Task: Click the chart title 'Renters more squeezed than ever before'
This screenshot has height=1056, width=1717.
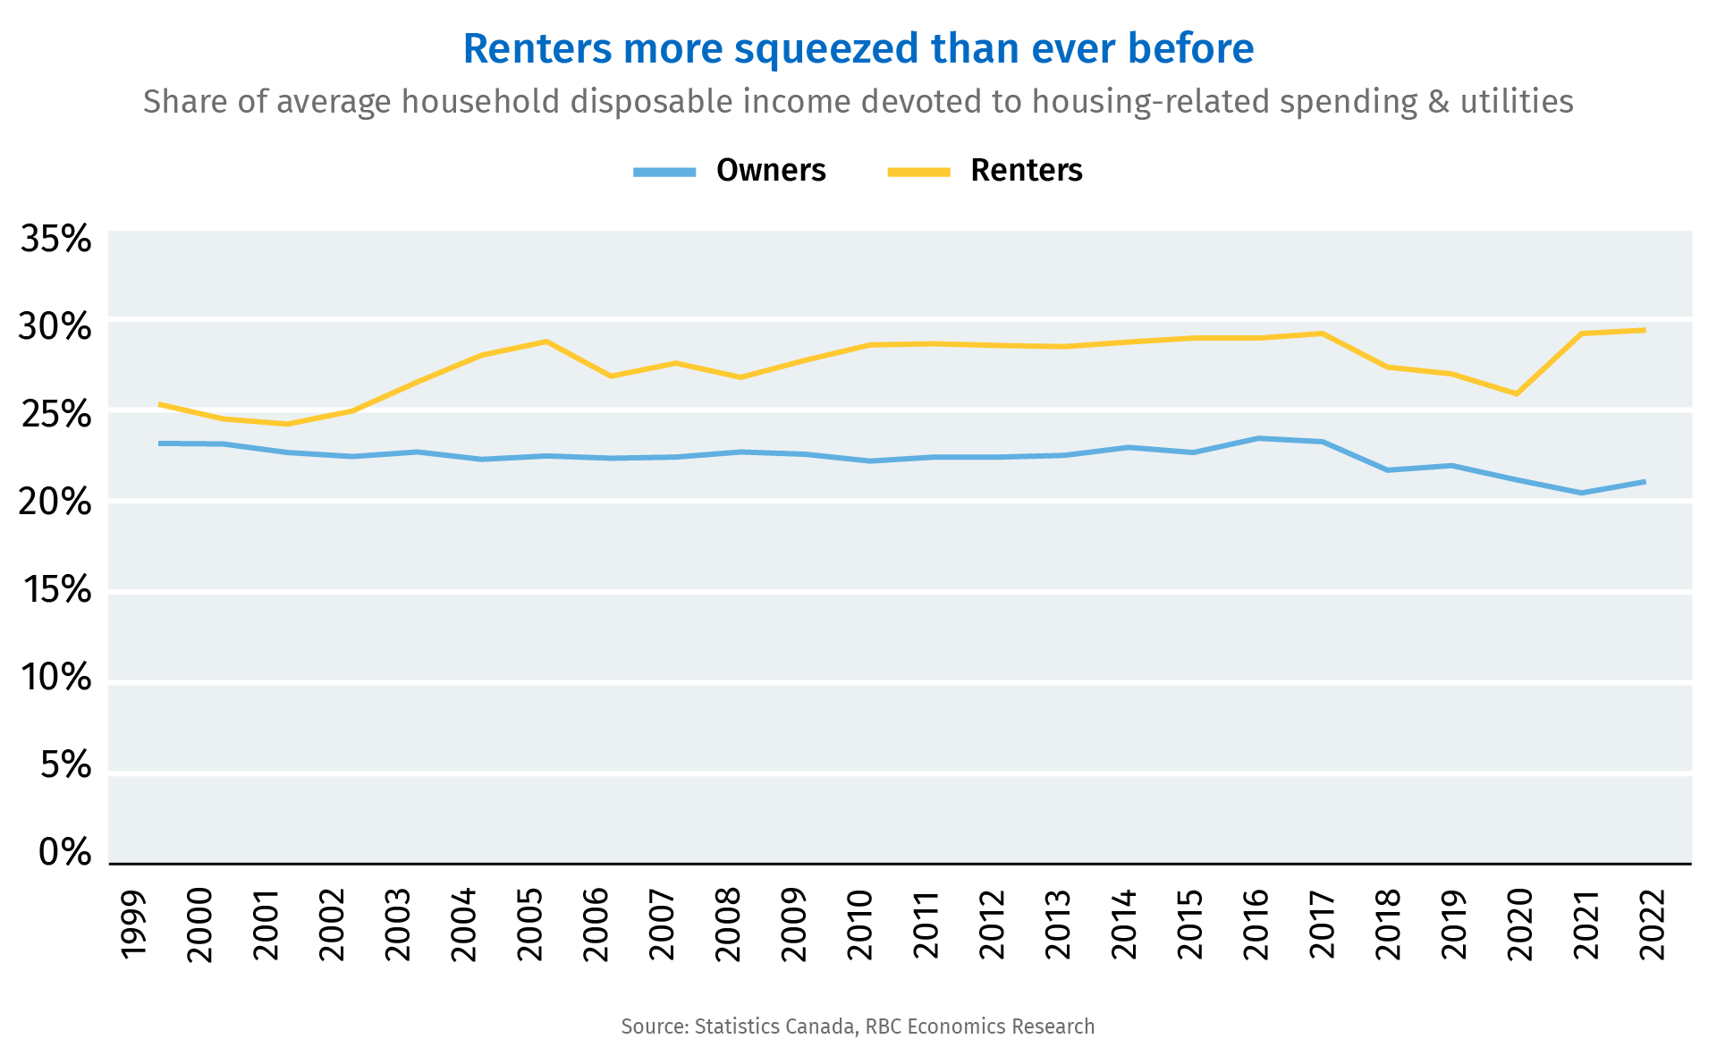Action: pyautogui.click(x=858, y=48)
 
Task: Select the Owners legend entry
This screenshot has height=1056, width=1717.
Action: pyautogui.click(x=731, y=170)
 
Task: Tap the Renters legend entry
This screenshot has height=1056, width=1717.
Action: pyautogui.click(x=985, y=170)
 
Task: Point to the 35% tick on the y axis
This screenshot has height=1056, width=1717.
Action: pyautogui.click(x=55, y=240)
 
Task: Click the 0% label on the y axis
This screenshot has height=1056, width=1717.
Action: pyautogui.click(x=64, y=853)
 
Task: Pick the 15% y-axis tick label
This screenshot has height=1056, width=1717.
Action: pyautogui.click(x=55, y=590)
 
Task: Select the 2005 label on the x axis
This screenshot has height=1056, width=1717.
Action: pyautogui.click(x=530, y=925)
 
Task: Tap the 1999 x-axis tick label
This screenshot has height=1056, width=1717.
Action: pyautogui.click(x=133, y=925)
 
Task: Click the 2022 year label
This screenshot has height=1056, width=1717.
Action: pyautogui.click(x=1653, y=925)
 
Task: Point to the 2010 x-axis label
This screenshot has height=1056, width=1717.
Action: pyautogui.click(x=859, y=925)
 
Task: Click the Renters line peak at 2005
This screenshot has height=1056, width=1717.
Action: pyautogui.click(x=546, y=342)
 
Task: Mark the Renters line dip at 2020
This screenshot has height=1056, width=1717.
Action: pyautogui.click(x=1517, y=393)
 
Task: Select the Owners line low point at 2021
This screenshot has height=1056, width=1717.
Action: pyautogui.click(x=1582, y=493)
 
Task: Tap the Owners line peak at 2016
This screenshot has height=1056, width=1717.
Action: pyautogui.click(x=1258, y=438)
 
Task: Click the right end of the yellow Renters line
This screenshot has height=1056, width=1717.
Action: pyautogui.click(x=1645, y=330)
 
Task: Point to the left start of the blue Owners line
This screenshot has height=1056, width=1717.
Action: pyautogui.click(x=159, y=444)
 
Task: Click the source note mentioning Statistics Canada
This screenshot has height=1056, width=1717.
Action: pyautogui.click(x=858, y=1026)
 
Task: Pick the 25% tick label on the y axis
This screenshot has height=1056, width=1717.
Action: pyautogui.click(x=55, y=415)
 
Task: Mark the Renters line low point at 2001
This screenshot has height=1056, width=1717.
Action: pyautogui.click(x=287, y=424)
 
